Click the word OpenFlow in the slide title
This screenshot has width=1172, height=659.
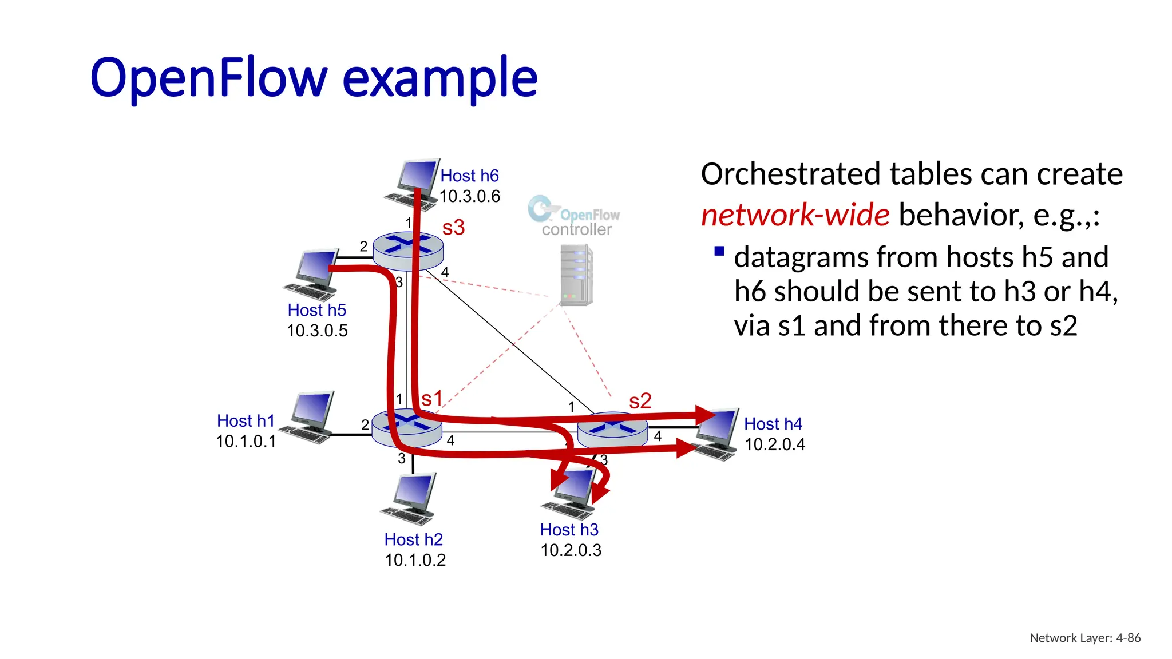point(209,78)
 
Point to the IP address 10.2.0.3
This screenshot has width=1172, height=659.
point(571,550)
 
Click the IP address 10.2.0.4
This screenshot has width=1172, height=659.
point(774,444)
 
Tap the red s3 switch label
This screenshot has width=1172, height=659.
point(453,228)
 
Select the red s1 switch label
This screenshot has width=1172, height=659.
point(432,399)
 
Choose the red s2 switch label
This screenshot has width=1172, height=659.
point(640,401)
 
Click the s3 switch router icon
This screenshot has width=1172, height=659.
point(407,251)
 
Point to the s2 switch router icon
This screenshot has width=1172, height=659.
point(612,430)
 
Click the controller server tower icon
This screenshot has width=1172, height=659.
point(576,275)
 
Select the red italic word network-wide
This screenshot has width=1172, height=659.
point(795,215)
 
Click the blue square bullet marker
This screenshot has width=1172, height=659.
point(719,251)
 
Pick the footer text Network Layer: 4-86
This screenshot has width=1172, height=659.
point(1084,638)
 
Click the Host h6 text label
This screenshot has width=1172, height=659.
point(469,176)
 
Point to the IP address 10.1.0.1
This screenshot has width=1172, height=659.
point(246,442)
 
